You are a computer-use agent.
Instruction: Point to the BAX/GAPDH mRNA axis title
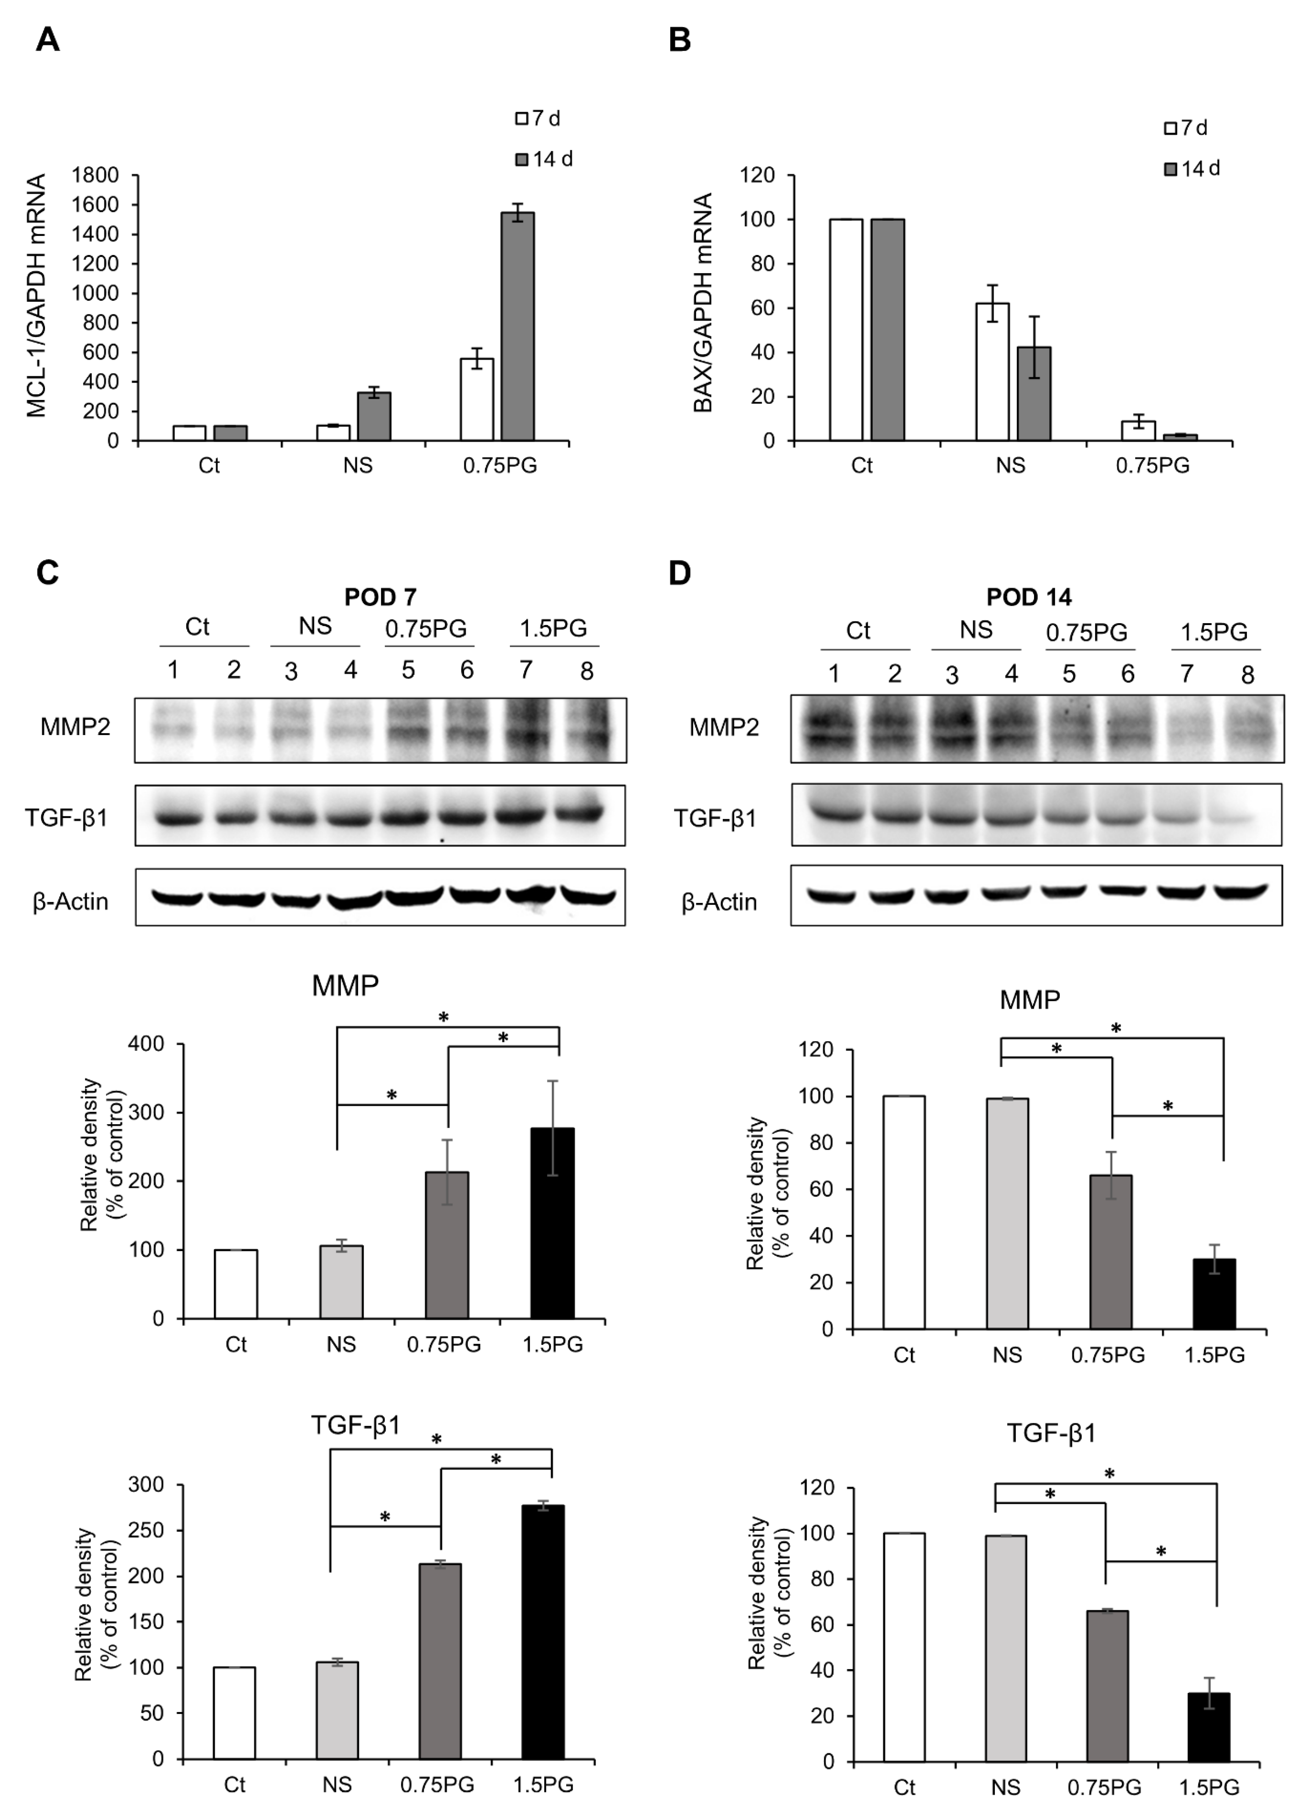[703, 303]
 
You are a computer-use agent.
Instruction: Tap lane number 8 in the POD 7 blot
[587, 671]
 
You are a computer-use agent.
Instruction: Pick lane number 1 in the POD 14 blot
[834, 674]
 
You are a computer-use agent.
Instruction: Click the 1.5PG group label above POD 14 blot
[1214, 632]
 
